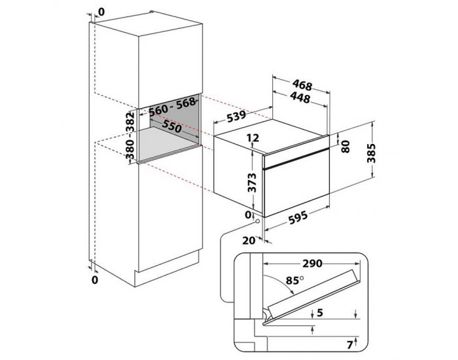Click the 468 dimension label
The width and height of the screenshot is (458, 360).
[x=302, y=84]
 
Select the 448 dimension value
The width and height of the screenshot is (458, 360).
[x=300, y=98]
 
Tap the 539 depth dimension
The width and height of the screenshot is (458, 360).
[x=236, y=116]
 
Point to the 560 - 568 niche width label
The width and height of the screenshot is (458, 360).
[x=172, y=106]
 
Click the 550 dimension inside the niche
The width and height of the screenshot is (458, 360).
[x=171, y=126]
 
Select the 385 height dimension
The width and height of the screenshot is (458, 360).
[x=371, y=153]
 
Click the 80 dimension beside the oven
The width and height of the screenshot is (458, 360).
[x=345, y=146]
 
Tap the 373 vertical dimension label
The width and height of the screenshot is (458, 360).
[x=252, y=183]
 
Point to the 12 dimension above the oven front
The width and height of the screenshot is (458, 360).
[x=253, y=137]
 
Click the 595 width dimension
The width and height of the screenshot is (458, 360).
[x=298, y=217]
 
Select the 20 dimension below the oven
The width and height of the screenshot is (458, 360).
[x=249, y=240]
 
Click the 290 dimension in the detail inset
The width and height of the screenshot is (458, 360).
[x=312, y=263]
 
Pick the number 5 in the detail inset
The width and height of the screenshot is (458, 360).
[x=320, y=313]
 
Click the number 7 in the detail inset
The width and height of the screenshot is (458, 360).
[x=349, y=345]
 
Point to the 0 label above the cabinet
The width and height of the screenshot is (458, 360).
[x=101, y=12]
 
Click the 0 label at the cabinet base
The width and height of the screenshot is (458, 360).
[x=95, y=279]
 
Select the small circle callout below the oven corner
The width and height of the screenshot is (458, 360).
[x=257, y=221]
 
